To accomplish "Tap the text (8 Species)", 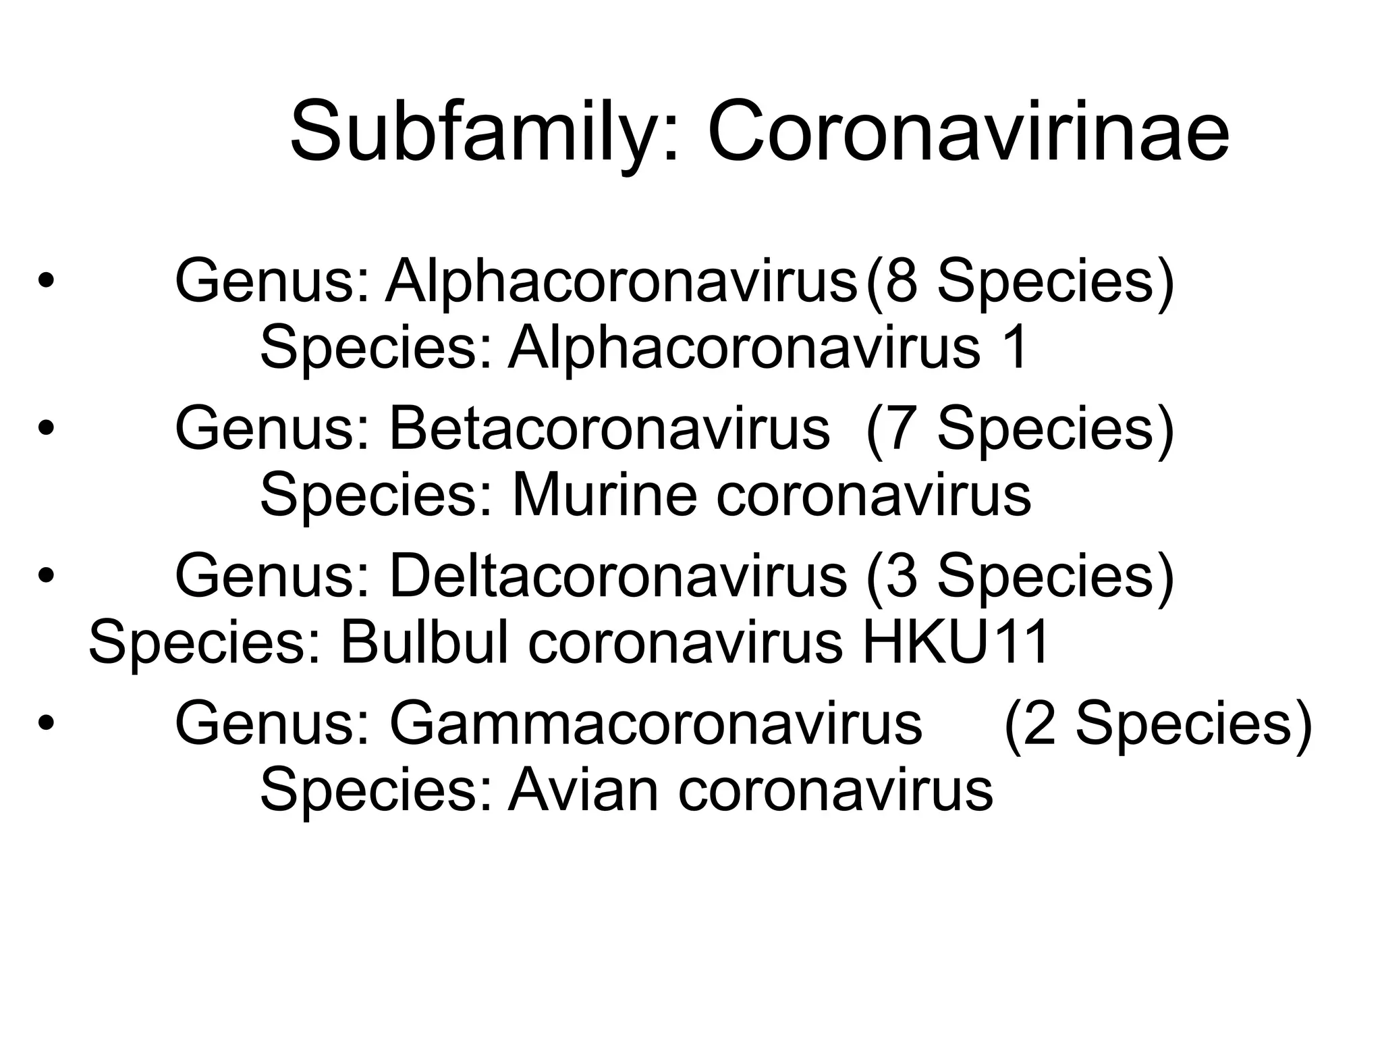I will click(x=1020, y=282).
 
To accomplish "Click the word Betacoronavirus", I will click(x=609, y=429).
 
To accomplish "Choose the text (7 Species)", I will click(x=1020, y=429).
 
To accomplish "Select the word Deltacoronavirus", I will click(x=617, y=577).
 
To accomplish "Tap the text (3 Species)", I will click(x=1020, y=577).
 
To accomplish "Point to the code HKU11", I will click(x=956, y=642).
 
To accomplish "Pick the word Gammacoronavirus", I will click(x=655, y=724).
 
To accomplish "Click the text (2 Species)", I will click(x=1158, y=724).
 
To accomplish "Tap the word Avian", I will click(x=583, y=789).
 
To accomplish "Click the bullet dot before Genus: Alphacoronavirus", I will click(x=45, y=282).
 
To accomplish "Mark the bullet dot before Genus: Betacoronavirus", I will click(x=45, y=429).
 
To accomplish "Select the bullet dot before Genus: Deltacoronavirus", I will click(x=45, y=577).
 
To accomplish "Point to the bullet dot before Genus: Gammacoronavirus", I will click(x=45, y=724).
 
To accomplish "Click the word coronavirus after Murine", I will click(x=873, y=495).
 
